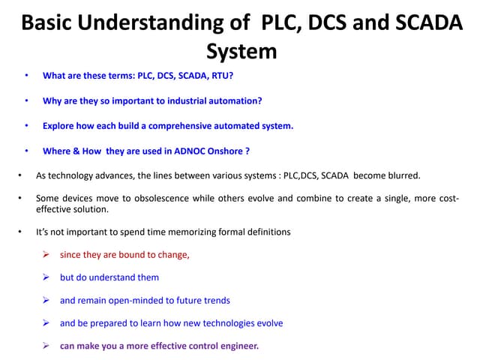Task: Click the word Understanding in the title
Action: click(x=159, y=23)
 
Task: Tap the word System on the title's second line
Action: click(x=241, y=51)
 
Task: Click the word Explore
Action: click(x=59, y=125)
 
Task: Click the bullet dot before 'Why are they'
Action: click(x=26, y=100)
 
